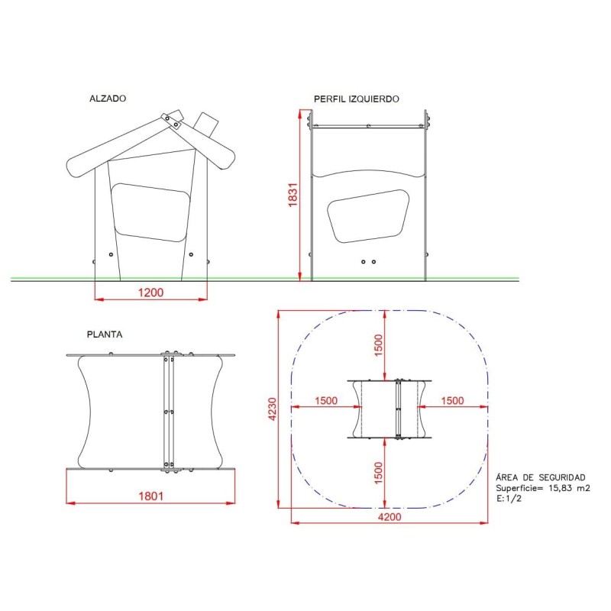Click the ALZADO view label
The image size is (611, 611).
[108, 99]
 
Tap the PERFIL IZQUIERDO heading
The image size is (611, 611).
[356, 99]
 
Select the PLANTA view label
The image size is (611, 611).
[105, 335]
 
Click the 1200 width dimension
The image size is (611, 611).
[150, 293]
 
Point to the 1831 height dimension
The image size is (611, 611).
[293, 195]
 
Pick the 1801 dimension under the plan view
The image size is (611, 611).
[150, 496]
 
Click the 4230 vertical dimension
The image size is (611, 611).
[273, 409]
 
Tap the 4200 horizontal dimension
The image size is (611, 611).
[390, 517]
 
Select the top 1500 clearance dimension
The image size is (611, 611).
[378, 345]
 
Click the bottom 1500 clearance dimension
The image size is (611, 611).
[378, 473]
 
